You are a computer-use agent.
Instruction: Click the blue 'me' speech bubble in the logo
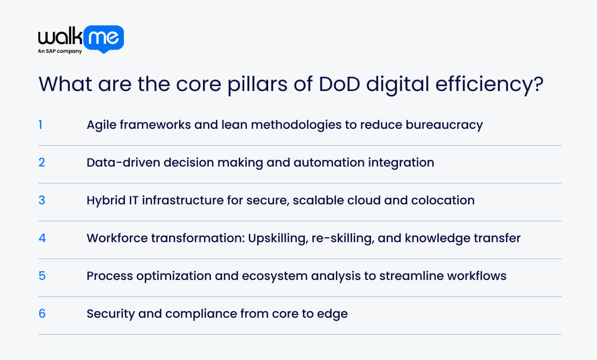pos(103,39)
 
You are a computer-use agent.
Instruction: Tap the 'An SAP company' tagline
pos(60,51)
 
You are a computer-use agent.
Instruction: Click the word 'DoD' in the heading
pos(339,84)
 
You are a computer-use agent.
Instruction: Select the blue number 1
pos(40,125)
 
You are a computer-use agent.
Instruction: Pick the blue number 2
pos(42,163)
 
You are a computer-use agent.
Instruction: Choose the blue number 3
pos(42,200)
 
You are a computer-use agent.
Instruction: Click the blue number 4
pos(42,238)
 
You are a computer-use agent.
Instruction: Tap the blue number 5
pos(42,276)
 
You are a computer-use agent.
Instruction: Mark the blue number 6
pos(42,314)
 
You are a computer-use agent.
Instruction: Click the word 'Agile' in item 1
pos(101,125)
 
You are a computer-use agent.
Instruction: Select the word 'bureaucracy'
pos(444,125)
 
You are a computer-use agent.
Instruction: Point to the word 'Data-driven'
pos(123,163)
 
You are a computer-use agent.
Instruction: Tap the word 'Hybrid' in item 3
pos(106,201)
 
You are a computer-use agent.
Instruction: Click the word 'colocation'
pos(443,200)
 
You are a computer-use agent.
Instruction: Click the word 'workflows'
pos(477,276)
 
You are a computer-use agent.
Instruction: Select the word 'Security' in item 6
pos(110,314)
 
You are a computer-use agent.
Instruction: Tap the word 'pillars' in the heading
pos(257,85)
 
